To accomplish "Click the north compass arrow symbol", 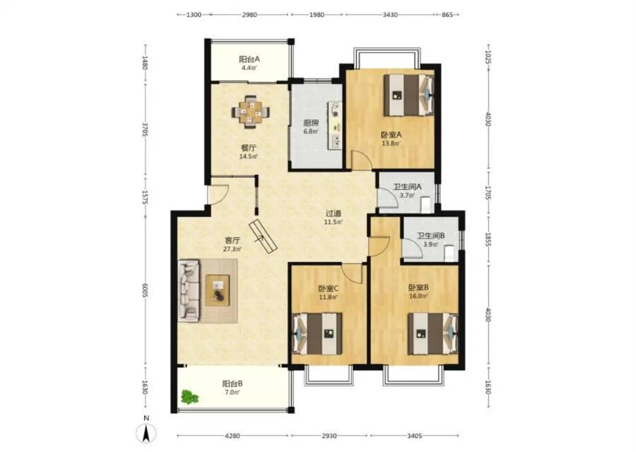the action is point(146,432).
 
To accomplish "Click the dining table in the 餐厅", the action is point(251,111).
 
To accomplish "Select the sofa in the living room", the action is point(189,291).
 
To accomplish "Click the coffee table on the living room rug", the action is point(218,290).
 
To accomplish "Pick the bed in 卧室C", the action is point(317,333).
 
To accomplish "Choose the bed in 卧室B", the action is point(432,333).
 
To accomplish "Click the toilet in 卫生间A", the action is point(425,204).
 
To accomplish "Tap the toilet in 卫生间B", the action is point(449,253).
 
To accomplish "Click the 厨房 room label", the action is point(311,123).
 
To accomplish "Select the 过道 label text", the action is point(333,213).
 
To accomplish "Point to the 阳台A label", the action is point(249,59).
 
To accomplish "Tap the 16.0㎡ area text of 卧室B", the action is point(418,296).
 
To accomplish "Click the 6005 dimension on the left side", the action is point(145,290).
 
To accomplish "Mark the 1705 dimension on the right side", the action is point(488,192).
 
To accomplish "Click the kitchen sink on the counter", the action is point(336,141).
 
